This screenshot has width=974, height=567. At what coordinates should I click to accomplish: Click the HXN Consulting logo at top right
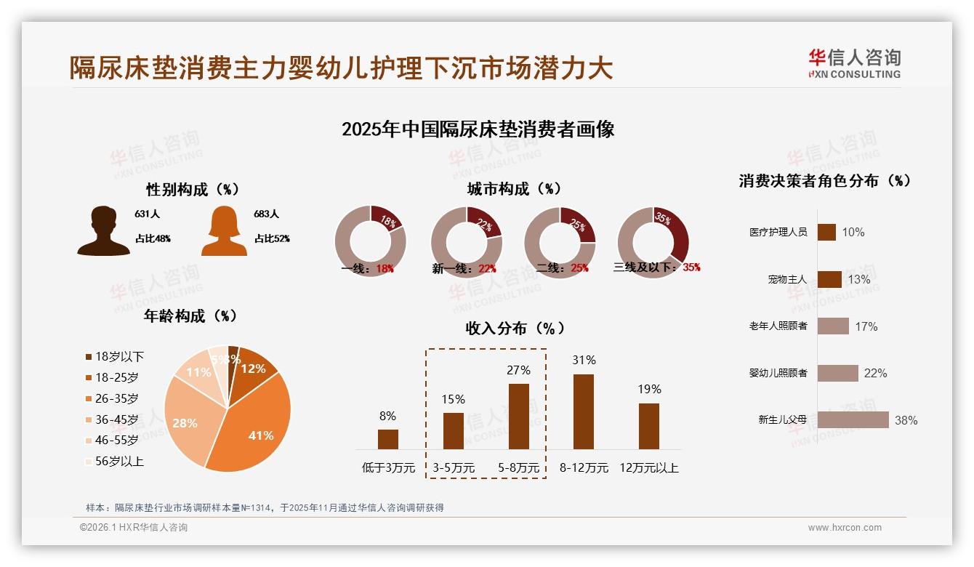[x=854, y=63]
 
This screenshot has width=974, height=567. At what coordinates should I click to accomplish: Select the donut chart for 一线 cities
[x=370, y=241]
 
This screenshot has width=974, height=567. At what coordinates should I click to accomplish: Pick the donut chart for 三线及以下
[x=652, y=242]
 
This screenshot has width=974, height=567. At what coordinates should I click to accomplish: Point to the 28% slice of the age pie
[x=185, y=422]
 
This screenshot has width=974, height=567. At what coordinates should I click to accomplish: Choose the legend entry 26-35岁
[x=116, y=398]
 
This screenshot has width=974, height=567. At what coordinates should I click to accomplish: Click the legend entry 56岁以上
[x=118, y=461]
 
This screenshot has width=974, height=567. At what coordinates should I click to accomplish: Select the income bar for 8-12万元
[x=584, y=411]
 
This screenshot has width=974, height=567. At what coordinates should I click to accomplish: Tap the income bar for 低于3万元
[x=388, y=439]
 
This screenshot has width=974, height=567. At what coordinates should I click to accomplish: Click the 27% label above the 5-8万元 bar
[x=518, y=370]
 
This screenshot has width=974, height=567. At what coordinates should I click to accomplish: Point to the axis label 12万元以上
[x=648, y=468]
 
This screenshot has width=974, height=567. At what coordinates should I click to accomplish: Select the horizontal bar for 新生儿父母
[x=853, y=420]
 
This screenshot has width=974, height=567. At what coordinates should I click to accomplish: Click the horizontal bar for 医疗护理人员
[x=826, y=232]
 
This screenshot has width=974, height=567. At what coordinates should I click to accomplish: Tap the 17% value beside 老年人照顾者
[x=866, y=326]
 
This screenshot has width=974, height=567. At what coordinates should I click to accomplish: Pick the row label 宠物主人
[x=787, y=279]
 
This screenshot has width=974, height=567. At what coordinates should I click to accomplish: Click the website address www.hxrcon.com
[x=845, y=528]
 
